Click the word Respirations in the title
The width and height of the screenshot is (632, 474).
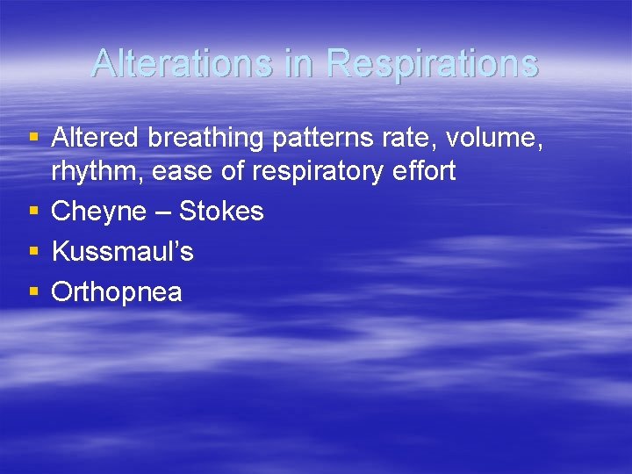pyautogui.click(x=431, y=63)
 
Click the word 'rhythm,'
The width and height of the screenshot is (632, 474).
pyautogui.click(x=97, y=172)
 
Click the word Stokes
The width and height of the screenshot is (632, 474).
pyautogui.click(x=221, y=212)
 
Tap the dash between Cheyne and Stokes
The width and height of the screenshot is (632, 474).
pyautogui.click(x=163, y=212)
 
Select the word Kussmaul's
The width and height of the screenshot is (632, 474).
pyautogui.click(x=123, y=252)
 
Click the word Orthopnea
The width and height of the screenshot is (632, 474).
pyautogui.click(x=117, y=292)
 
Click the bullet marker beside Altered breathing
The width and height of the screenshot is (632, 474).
pyautogui.click(x=33, y=137)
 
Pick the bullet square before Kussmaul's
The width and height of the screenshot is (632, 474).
pyautogui.click(x=33, y=251)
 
